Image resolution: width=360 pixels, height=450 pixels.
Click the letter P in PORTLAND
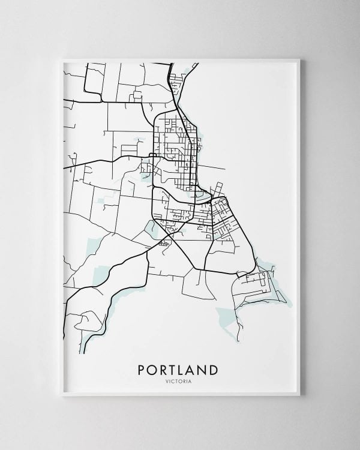142,370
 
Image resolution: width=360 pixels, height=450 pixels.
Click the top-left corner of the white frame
63,59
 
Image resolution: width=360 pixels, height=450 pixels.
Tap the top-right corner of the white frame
299,59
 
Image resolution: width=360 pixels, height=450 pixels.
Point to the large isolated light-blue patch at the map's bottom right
227,315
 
